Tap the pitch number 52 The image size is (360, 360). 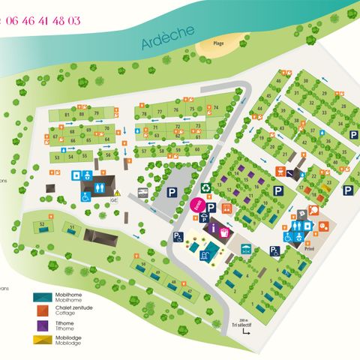pyautogui.click(x=43, y=224)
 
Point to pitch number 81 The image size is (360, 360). pyautogui.click(x=68, y=114)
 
